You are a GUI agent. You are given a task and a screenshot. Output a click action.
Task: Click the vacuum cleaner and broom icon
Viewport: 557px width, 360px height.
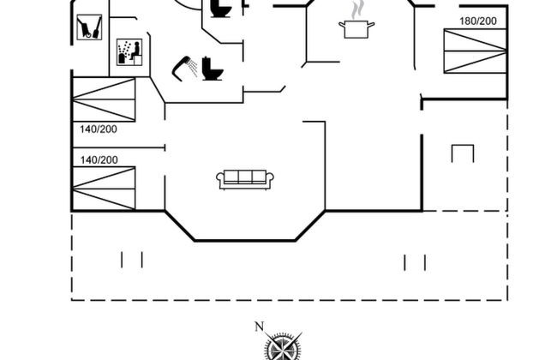point(89,27)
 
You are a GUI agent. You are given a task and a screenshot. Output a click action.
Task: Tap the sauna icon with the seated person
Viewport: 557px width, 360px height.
point(129,52)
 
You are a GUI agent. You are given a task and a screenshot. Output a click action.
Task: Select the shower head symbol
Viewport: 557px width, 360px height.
point(185,68)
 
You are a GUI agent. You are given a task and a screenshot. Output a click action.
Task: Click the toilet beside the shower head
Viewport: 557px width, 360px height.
point(213,69)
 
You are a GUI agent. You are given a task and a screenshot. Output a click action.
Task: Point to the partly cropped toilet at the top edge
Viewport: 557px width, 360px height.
point(221,9)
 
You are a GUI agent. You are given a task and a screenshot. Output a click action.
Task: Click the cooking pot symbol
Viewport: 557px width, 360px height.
point(356,29)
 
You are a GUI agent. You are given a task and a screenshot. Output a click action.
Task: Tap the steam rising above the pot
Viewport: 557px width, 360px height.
point(357,10)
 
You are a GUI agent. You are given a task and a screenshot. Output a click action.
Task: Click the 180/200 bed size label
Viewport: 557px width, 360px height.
point(478,21)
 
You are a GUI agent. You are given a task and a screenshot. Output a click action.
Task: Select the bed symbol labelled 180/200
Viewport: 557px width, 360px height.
point(475,51)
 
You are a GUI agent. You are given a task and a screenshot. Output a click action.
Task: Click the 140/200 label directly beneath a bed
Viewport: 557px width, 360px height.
point(99,129)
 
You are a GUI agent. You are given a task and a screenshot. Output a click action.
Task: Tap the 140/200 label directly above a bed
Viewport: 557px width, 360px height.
point(99,160)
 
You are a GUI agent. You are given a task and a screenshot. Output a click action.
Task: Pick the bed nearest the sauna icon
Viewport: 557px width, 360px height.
point(104,99)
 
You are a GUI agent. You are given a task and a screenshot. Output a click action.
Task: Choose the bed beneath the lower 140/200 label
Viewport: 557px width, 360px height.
point(104,189)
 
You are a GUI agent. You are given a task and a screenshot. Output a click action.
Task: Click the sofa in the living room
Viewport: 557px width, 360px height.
point(245,179)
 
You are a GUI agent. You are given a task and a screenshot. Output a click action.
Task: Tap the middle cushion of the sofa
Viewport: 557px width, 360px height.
point(245,177)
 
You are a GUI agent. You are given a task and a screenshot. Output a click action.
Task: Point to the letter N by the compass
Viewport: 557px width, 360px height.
point(260,327)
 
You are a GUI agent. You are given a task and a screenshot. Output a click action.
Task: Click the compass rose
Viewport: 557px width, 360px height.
point(283,346)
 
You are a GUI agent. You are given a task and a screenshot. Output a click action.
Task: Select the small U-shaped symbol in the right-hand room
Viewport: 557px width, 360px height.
point(463,153)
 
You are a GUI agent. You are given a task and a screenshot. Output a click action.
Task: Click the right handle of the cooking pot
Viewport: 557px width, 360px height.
point(371,25)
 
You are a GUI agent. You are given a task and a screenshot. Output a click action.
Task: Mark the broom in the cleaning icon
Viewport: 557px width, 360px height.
point(97,27)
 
